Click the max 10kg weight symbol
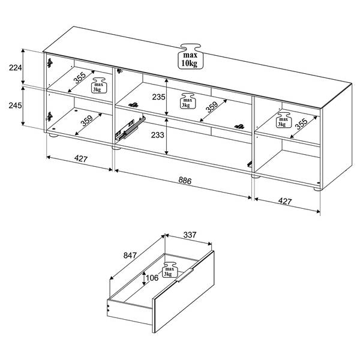[x=190, y=56]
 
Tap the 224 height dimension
[x=16, y=68]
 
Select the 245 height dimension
[x=15, y=106]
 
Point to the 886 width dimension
[x=185, y=181]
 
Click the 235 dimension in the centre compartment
[x=158, y=97]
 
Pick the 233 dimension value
[x=157, y=135]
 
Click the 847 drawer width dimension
[x=130, y=255]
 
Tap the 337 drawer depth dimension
[x=190, y=235]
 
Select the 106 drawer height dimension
[x=152, y=278]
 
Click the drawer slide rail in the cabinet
[x=130, y=128]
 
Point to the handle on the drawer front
[x=185, y=275]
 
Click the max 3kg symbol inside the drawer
[x=170, y=270]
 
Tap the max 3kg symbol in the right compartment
[x=283, y=120]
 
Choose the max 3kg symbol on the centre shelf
[x=187, y=101]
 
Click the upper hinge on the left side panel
[x=50, y=62]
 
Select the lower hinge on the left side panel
[x=50, y=116]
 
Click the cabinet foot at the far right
[x=317, y=189]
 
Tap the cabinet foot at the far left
[x=53, y=135]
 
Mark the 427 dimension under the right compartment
[x=284, y=201]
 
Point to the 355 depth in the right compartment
[x=301, y=124]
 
